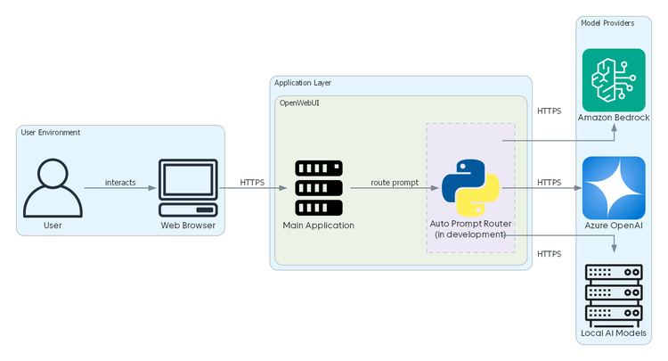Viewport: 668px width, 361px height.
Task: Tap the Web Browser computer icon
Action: (x=188, y=188)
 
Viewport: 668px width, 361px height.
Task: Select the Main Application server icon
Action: (x=319, y=188)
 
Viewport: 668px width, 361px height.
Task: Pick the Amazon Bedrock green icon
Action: (x=614, y=80)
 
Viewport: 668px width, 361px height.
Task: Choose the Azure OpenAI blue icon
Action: (x=614, y=188)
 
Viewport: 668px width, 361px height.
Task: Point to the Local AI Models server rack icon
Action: (x=614, y=294)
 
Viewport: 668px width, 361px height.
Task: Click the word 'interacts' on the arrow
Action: (x=120, y=183)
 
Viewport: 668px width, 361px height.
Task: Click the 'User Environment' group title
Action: (x=51, y=133)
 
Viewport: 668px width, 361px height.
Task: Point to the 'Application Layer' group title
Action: (x=303, y=83)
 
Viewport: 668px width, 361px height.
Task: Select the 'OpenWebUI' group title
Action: (x=301, y=103)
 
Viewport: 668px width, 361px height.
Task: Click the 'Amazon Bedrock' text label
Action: (x=614, y=118)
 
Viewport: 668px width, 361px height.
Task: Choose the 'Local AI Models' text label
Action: (x=614, y=333)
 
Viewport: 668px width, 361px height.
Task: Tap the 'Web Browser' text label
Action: (x=188, y=226)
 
